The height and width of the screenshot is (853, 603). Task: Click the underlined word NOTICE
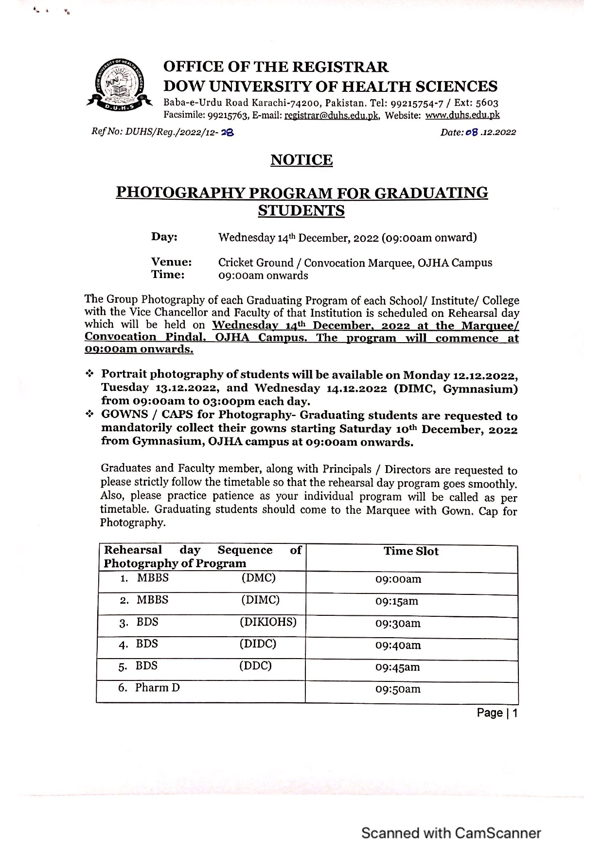[x=301, y=160]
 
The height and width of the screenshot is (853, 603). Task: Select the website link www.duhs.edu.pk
[x=462, y=115]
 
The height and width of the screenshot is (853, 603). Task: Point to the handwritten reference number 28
[x=228, y=132]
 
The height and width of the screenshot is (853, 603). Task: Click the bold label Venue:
[x=171, y=262]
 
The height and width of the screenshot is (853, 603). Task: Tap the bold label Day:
[x=164, y=237]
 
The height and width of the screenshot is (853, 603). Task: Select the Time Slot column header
[x=411, y=551]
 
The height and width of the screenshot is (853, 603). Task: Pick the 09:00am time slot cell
[x=398, y=579]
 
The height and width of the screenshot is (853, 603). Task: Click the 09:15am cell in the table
[x=396, y=601]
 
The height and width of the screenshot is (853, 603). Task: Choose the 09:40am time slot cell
[x=398, y=645]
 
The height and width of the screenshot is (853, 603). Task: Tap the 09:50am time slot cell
[x=398, y=689]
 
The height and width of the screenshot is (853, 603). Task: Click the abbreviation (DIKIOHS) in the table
[x=268, y=622]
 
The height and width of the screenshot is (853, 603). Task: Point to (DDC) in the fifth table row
[x=255, y=665]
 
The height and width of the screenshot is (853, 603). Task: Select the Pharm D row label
[x=157, y=688]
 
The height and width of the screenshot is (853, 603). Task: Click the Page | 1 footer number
[x=497, y=713]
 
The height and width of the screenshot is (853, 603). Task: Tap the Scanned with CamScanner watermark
[x=451, y=833]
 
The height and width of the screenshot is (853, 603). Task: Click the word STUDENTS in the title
[x=301, y=211]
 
